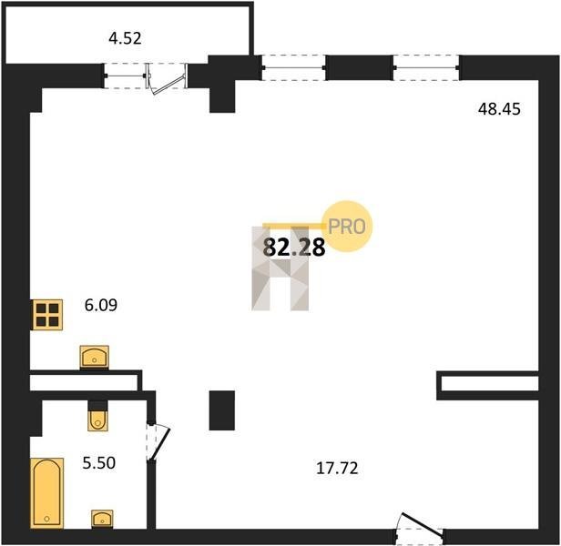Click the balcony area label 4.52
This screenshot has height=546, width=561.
(126, 38)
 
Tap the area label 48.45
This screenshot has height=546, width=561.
(499, 109)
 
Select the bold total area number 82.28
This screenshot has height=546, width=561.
(294, 248)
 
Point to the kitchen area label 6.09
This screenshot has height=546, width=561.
(101, 305)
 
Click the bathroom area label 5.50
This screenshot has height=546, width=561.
(99, 463)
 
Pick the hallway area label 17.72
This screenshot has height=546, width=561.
(337, 468)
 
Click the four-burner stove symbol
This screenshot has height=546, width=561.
(47, 315)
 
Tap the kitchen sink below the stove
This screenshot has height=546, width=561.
(95, 357)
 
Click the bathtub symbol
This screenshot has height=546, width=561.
(46, 492)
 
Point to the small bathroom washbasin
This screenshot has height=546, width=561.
(102, 519)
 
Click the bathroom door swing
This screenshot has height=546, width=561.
(158, 442)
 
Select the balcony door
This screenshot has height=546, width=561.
(167, 78)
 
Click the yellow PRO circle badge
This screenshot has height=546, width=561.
(347, 226)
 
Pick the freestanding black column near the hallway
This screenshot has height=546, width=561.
(222, 410)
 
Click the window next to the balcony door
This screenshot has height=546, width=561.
(125, 76)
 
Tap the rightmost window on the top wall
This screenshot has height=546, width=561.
(426, 67)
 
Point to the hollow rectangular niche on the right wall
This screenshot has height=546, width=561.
(487, 386)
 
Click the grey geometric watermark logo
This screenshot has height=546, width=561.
(280, 268)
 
